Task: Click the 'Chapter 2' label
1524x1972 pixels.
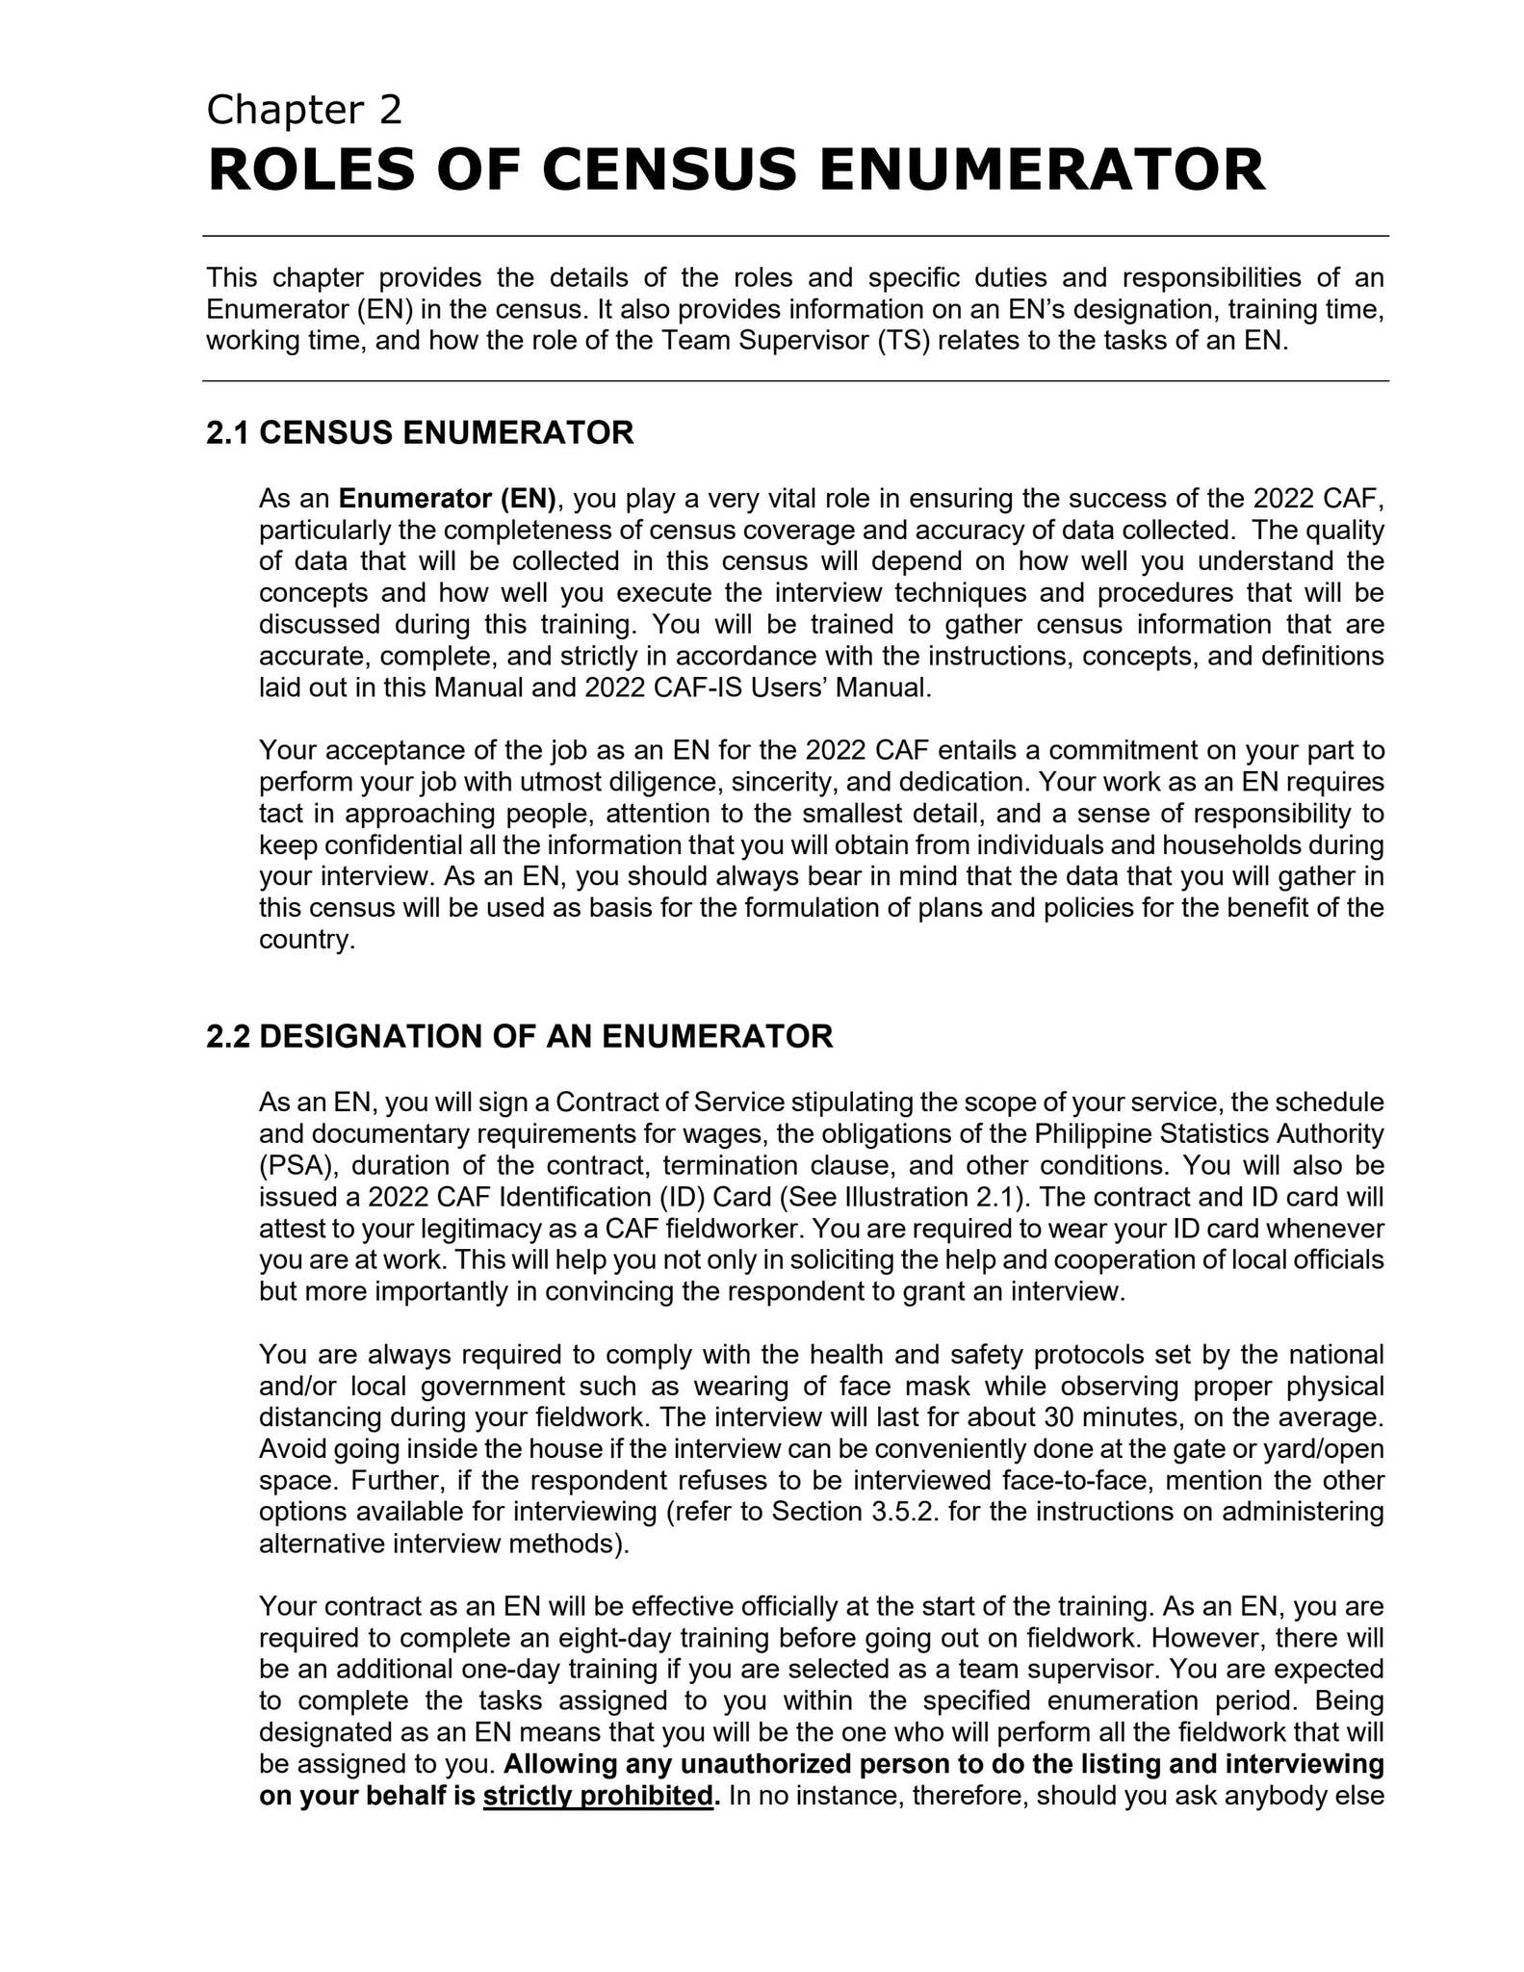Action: click(x=303, y=111)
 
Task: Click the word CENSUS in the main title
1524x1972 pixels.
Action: click(x=668, y=169)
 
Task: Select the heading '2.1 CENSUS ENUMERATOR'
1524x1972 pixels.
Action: click(x=420, y=433)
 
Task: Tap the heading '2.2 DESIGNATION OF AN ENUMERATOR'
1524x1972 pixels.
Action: click(x=519, y=1037)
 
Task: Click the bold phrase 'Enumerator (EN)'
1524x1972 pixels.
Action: click(x=448, y=499)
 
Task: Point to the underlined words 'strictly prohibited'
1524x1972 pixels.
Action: click(x=597, y=1797)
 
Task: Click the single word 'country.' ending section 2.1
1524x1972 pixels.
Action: click(x=307, y=940)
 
